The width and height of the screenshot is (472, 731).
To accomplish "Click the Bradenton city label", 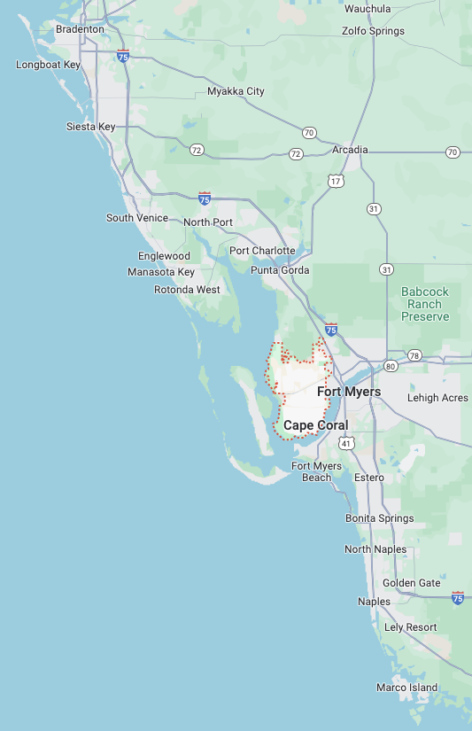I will click(x=80, y=29).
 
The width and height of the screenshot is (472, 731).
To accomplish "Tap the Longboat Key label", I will click(x=48, y=65).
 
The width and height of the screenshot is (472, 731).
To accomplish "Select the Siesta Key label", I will click(x=90, y=127).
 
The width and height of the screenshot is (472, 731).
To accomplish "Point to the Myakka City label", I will click(x=236, y=91).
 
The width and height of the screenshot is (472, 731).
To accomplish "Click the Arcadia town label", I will click(x=350, y=150).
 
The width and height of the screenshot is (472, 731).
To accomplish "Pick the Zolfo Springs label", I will click(x=373, y=31).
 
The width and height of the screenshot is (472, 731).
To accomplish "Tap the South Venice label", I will click(x=137, y=218).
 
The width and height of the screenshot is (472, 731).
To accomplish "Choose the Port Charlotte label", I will click(x=262, y=251).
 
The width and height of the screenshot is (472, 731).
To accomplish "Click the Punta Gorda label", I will click(x=280, y=270).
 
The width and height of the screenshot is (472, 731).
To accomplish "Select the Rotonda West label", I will click(x=187, y=290).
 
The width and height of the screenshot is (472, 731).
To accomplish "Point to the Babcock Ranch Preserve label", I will click(x=425, y=304).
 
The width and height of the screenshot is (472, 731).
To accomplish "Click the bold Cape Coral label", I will click(x=315, y=425).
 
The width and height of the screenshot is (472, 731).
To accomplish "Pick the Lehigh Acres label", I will click(x=437, y=398).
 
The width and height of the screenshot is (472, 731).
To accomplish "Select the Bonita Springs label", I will click(x=379, y=518).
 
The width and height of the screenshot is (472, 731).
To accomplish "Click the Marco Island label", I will click(x=406, y=688).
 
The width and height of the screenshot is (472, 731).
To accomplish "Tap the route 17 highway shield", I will click(x=336, y=181).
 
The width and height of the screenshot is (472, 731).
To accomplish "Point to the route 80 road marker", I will click(x=391, y=365).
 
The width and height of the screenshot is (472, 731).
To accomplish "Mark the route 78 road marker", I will click(x=415, y=356).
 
